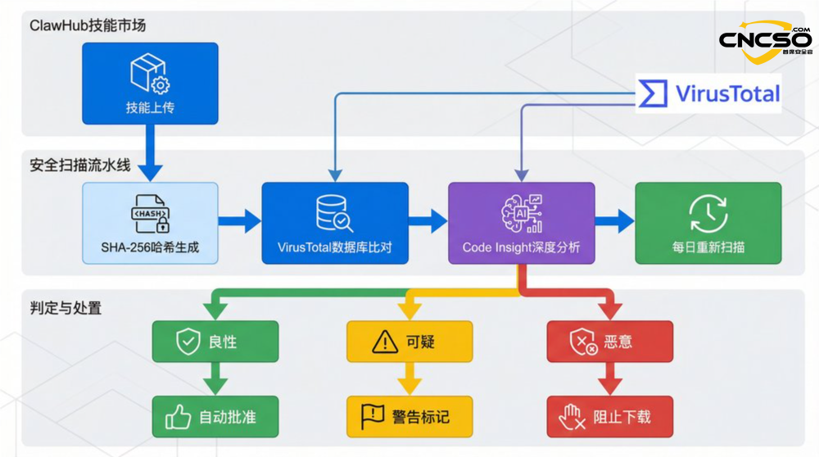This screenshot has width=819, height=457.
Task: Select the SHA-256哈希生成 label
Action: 151,247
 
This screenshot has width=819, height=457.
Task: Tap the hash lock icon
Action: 151,214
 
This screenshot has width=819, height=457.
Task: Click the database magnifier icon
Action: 334,213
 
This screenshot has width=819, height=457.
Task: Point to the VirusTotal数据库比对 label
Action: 334,247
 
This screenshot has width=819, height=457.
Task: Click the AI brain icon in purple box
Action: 522,212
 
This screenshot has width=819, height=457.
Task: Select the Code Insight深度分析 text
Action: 522,247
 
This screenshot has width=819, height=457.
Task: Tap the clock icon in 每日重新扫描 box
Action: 708,212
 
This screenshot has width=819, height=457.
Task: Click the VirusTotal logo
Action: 709,93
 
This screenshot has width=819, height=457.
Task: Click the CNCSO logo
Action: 766,41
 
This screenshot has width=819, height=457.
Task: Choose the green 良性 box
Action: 215,342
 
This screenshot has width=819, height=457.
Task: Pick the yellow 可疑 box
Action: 409,342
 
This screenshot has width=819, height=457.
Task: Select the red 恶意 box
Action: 609,342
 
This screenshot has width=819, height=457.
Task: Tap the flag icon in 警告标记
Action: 373,417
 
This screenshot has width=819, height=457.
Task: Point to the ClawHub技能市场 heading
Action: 88,25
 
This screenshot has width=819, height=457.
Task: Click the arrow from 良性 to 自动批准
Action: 215,378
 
